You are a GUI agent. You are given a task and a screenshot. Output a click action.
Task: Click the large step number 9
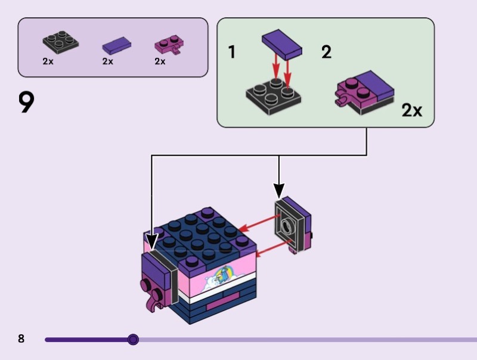point(26,103)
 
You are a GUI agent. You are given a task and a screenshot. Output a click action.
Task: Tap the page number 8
point(21,339)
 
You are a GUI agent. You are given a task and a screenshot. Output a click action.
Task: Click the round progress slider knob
point(133,340)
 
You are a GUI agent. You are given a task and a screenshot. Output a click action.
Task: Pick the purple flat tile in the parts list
point(116,45)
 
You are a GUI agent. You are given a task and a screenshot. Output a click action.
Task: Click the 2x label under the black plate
point(48,61)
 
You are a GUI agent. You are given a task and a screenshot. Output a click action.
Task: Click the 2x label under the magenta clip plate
point(160,61)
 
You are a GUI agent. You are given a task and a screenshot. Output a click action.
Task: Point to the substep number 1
point(232,52)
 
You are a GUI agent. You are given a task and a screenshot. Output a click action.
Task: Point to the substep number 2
point(326,52)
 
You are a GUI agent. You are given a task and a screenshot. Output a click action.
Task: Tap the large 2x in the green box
point(411,110)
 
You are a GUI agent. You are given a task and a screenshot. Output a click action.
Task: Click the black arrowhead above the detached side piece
point(278,190)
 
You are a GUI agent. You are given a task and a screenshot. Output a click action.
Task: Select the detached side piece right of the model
point(293,225)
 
